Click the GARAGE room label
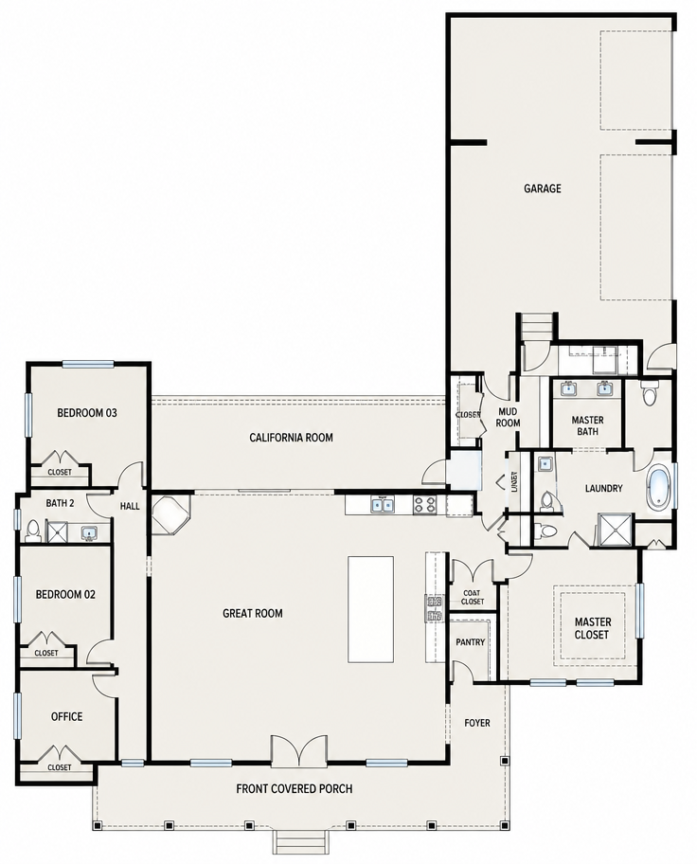tap(543, 189)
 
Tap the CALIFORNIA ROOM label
tap(291, 438)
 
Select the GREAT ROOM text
tap(252, 613)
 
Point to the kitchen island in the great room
tap(370, 609)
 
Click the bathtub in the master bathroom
tap(659, 487)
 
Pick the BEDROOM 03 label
tap(87, 413)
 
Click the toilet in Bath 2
tap(32, 531)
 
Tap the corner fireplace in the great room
tap(171, 514)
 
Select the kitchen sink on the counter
tap(382, 504)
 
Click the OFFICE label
tap(66, 716)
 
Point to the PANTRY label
tap(471, 642)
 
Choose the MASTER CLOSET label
tap(592, 628)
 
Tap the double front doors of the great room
tap(298, 750)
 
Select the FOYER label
tap(476, 723)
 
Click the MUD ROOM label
tap(508, 417)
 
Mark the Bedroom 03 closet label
tap(60, 472)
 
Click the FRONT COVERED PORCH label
tap(295, 788)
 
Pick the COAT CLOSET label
tap(473, 597)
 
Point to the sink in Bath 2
tap(89, 533)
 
